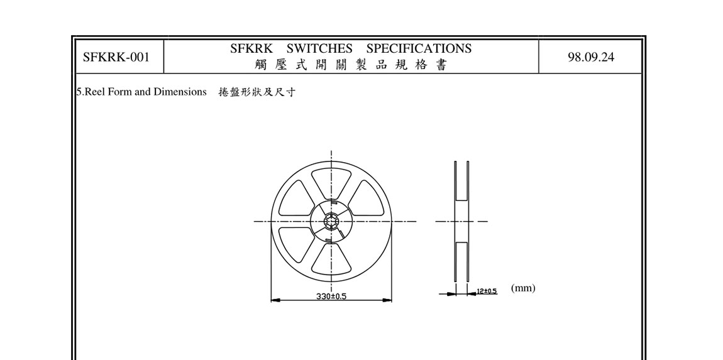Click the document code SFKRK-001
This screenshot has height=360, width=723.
(x=116, y=57)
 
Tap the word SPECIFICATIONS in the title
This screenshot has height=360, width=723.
(x=419, y=48)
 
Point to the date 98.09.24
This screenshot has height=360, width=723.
(x=591, y=57)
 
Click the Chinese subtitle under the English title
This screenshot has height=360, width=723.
(x=351, y=65)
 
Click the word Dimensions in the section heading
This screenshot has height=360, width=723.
(x=180, y=92)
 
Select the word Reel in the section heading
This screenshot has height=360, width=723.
(x=94, y=92)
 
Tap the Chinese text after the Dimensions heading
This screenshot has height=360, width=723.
(x=257, y=92)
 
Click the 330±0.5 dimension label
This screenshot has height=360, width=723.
(x=331, y=296)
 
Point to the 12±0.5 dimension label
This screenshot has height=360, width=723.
(x=487, y=291)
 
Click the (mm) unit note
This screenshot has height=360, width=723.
(x=523, y=288)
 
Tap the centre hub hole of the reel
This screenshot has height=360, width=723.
(x=331, y=221)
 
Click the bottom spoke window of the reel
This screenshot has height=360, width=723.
(x=331, y=260)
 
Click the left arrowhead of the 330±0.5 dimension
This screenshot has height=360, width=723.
(x=274, y=300)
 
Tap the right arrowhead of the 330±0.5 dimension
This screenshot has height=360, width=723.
(x=388, y=300)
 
